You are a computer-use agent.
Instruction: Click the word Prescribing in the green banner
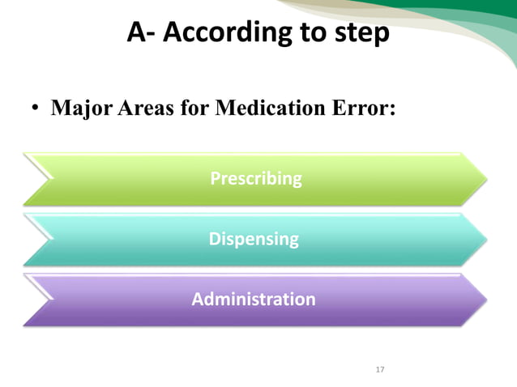[255, 178]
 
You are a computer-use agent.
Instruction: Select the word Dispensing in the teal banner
[254, 239]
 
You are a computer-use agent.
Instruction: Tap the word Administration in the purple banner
[254, 299]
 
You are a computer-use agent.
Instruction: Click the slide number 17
[380, 370]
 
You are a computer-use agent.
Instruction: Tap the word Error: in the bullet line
[361, 108]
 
